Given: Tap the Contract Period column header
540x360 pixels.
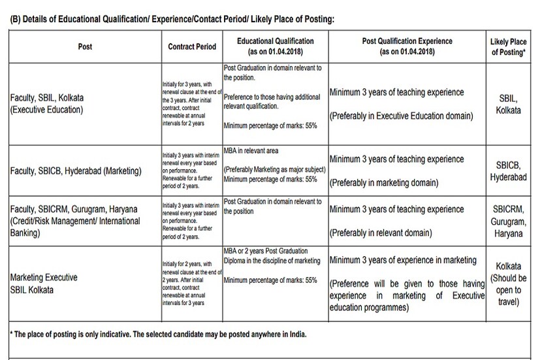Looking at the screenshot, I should click(191, 47).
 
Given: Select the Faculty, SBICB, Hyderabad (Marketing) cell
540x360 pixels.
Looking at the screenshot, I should click(76, 171).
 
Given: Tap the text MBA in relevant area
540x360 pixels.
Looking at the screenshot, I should click(251, 152).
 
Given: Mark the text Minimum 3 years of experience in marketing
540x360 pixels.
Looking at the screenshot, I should click(403, 259).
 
